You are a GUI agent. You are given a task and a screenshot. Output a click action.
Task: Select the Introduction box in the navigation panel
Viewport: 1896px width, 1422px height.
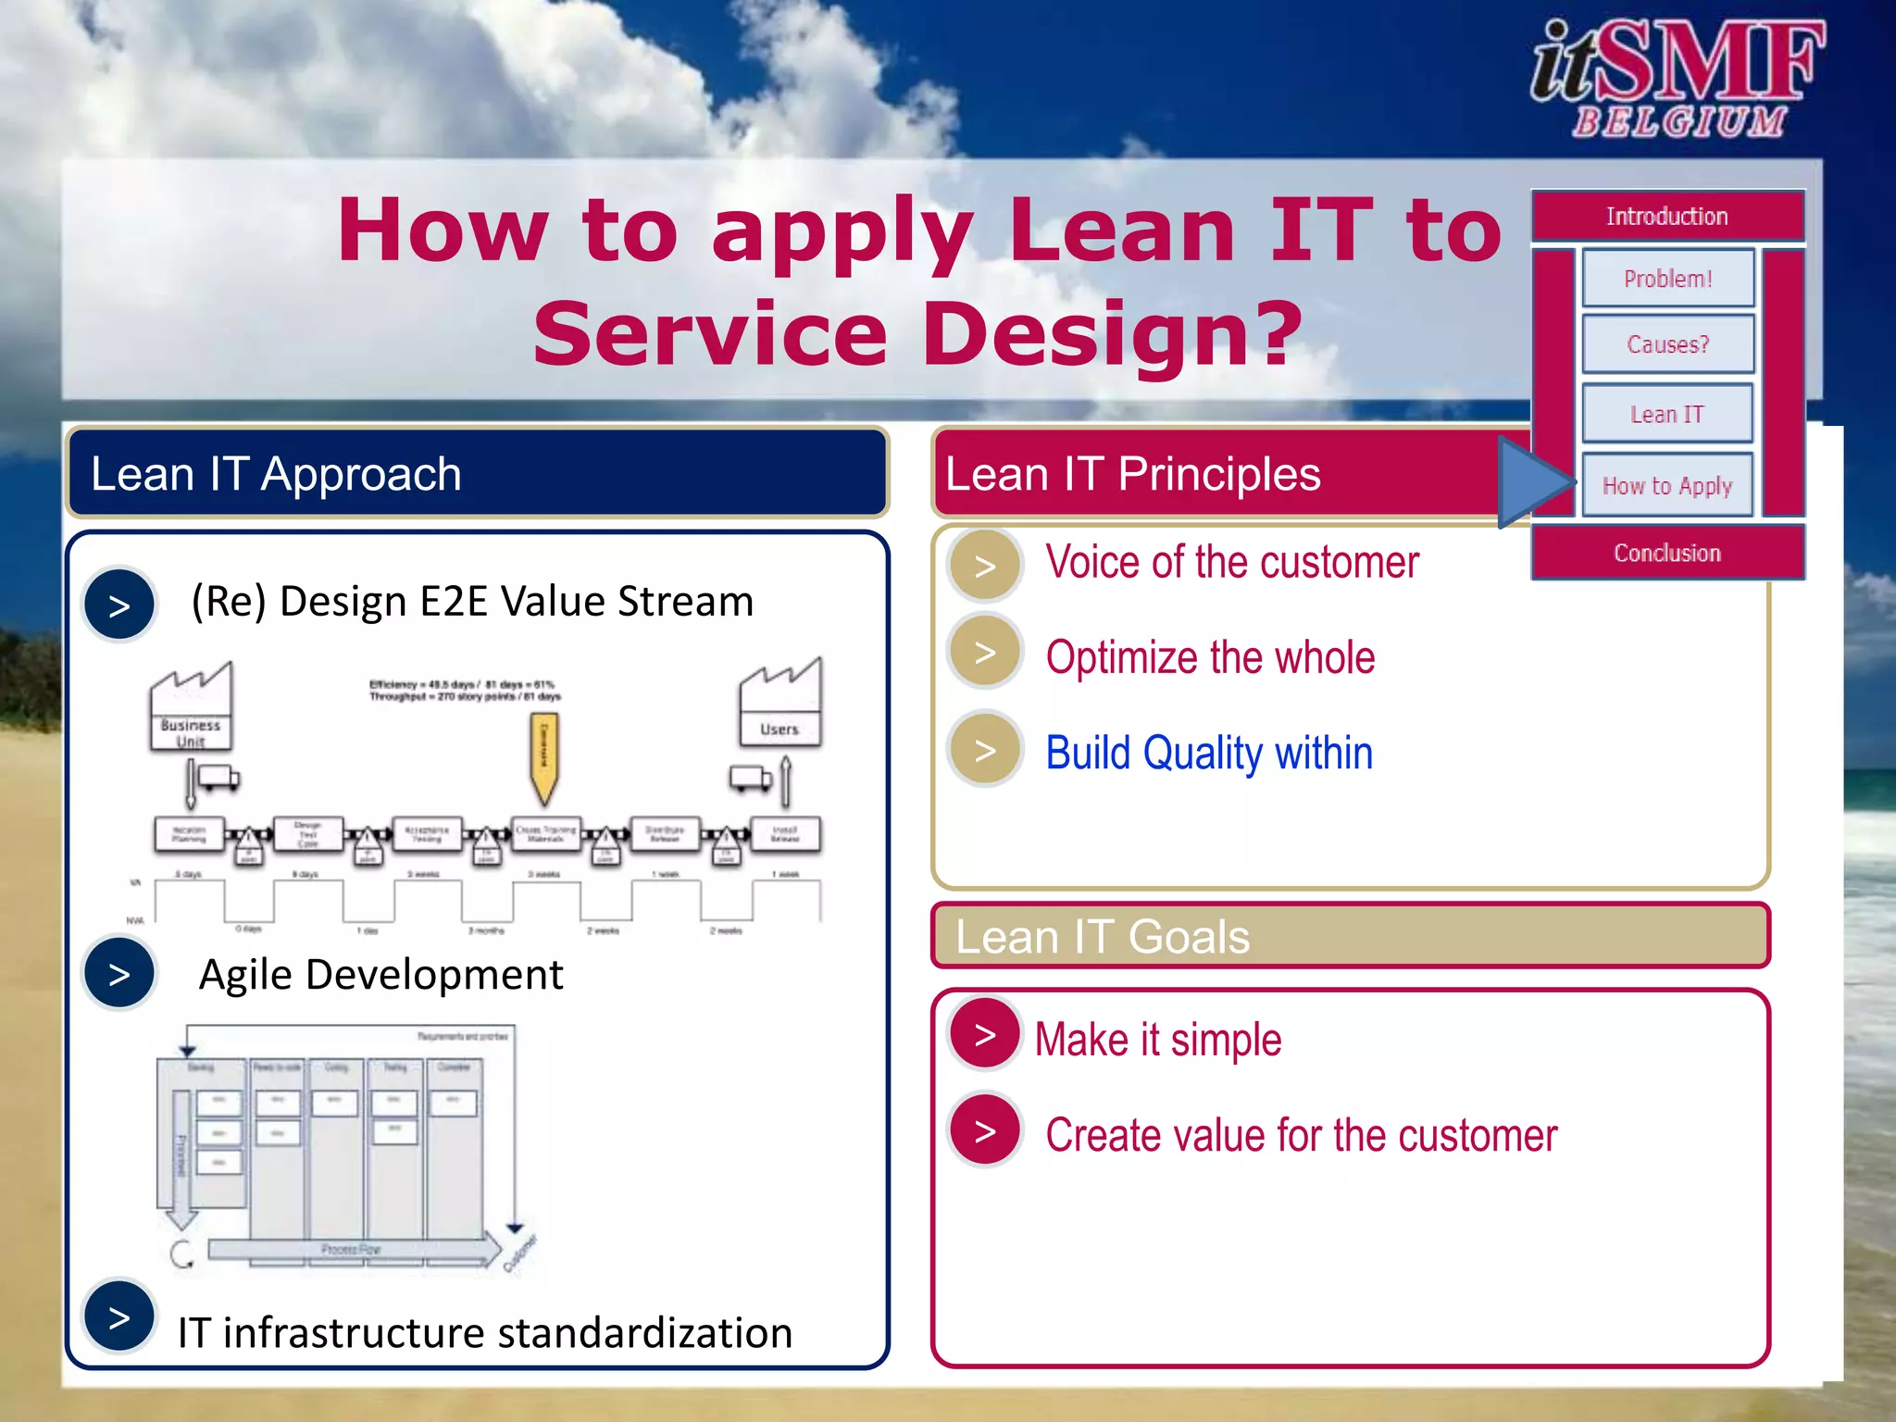click(1667, 217)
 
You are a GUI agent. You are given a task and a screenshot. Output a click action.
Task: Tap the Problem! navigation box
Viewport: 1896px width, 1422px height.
click(1667, 278)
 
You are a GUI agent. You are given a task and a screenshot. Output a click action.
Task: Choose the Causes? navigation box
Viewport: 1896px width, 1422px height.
click(1667, 344)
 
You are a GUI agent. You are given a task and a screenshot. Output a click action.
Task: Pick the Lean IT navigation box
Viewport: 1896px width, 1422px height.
click(1667, 414)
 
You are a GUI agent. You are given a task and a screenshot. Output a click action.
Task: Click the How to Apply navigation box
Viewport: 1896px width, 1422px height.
click(1667, 485)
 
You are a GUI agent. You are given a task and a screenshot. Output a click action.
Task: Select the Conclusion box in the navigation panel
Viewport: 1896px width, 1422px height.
click(1667, 553)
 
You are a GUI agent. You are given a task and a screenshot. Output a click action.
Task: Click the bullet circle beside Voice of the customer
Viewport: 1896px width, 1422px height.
click(985, 565)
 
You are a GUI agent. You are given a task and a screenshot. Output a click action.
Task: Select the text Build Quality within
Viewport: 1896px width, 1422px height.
click(1208, 753)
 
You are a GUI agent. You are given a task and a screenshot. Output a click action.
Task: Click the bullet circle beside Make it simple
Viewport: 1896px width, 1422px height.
click(985, 1034)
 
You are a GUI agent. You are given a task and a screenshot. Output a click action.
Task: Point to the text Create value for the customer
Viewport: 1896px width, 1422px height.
click(1301, 1135)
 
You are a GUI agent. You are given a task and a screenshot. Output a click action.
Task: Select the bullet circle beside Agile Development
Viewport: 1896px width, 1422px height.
click(119, 973)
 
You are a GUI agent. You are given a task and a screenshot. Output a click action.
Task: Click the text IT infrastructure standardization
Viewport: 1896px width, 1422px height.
click(485, 1333)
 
